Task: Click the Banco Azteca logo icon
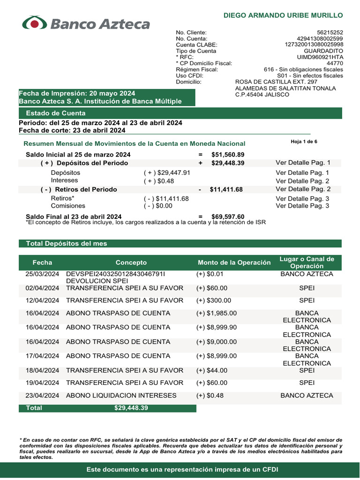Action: tap(35, 23)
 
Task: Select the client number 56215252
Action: tap(330, 32)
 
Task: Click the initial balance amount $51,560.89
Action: tap(228, 155)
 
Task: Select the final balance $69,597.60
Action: tap(228, 217)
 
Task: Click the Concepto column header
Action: tap(131, 262)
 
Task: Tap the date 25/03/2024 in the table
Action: tap(42, 274)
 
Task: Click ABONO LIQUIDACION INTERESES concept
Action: tap(121, 396)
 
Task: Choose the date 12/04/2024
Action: tap(42, 300)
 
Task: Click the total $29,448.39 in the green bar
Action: tap(131, 408)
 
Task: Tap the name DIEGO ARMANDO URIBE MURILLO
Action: tap(283, 15)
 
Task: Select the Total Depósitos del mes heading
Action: tap(66, 244)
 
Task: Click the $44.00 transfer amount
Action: tap(212, 370)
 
